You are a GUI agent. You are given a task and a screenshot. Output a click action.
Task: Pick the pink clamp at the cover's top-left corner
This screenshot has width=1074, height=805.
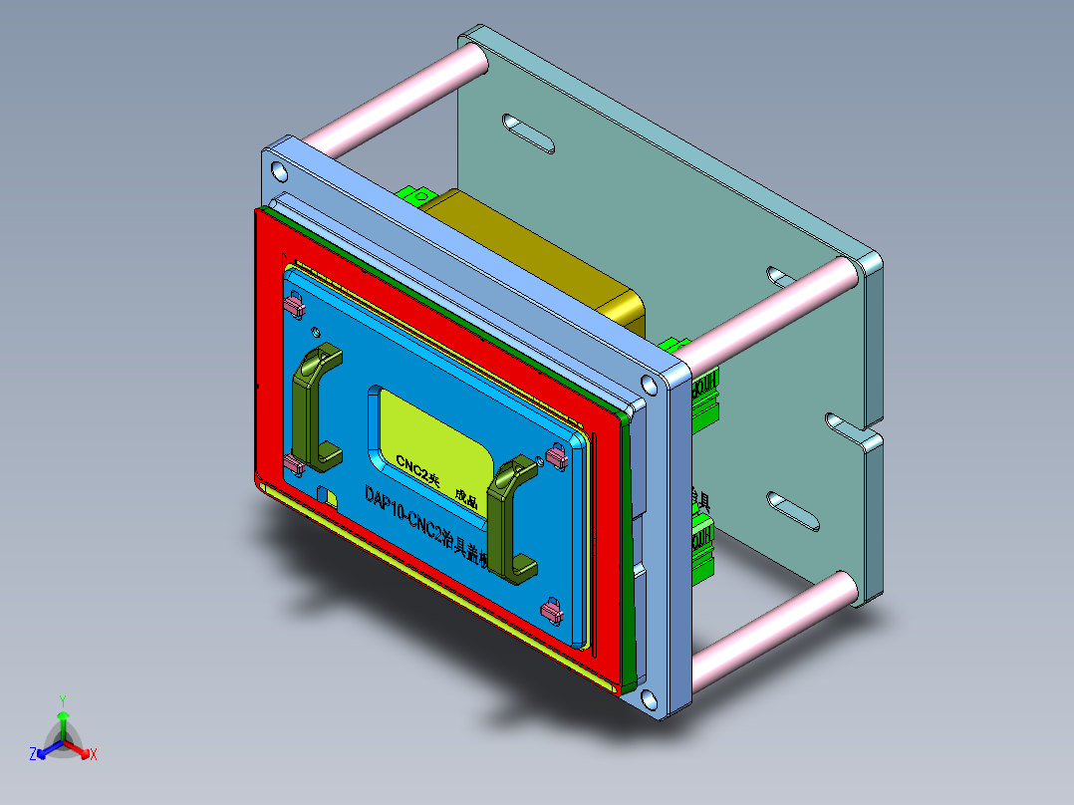(295, 304)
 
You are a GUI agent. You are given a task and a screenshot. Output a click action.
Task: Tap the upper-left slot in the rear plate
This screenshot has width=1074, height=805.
(528, 133)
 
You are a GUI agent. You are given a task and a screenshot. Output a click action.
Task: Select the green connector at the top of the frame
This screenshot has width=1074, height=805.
(414, 193)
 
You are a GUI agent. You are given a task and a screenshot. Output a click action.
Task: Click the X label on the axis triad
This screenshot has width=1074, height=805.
(94, 755)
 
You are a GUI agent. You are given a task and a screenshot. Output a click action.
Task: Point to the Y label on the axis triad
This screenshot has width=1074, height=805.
(62, 700)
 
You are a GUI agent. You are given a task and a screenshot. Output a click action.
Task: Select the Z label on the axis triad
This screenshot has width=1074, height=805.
(33, 755)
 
